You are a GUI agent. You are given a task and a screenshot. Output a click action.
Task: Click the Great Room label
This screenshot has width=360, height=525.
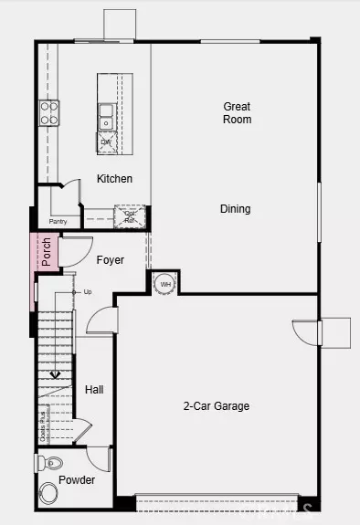[237, 113]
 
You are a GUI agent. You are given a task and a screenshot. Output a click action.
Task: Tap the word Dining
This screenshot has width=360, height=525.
[235, 209]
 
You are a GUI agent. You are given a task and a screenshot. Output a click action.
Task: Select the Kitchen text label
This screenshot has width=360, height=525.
[114, 179]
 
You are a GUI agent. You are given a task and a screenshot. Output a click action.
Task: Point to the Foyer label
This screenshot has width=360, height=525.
[111, 260]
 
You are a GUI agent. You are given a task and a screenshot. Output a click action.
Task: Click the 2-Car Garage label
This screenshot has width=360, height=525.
[216, 406]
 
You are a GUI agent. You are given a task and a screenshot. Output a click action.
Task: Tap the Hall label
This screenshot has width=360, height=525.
[94, 390]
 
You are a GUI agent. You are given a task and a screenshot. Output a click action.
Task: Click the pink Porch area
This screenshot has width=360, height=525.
[46, 252]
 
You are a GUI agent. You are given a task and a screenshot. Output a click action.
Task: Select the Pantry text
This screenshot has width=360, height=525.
[58, 221]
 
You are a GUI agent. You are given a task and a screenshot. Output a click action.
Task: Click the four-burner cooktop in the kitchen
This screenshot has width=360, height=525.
[49, 112]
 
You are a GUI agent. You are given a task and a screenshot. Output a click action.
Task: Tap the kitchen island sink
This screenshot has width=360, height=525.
[107, 116]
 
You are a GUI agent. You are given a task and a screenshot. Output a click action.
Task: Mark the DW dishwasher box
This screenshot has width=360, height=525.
[107, 142]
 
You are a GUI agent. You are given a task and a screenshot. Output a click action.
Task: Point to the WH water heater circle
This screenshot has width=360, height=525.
[165, 284]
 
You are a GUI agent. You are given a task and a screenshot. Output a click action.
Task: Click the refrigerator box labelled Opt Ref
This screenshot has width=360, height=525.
[130, 216]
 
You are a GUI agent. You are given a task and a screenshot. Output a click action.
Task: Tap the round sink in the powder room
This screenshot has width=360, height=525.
[48, 494]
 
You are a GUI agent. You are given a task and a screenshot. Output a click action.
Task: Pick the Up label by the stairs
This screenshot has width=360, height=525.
[88, 292]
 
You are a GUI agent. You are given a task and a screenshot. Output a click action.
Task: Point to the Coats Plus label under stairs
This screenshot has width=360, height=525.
[42, 426]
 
